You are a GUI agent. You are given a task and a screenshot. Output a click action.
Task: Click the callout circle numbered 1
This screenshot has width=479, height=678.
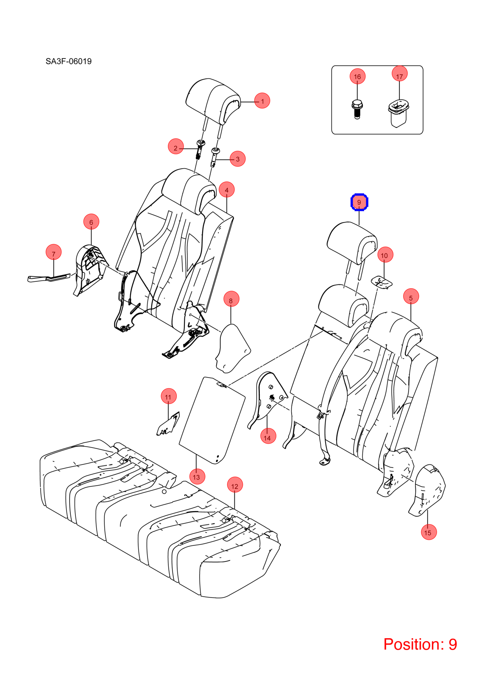point(262,101)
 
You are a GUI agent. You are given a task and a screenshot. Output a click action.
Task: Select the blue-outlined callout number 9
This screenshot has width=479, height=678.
point(359,202)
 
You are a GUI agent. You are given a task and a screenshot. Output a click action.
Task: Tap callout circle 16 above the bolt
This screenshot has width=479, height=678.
point(357,77)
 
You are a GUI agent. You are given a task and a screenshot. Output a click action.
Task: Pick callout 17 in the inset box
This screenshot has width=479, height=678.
point(399,74)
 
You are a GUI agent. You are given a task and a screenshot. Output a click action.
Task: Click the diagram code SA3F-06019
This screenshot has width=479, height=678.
point(68,61)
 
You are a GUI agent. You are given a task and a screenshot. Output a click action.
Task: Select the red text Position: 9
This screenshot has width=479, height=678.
point(420,644)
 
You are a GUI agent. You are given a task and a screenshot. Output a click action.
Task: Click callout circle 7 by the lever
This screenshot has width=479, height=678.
point(53,252)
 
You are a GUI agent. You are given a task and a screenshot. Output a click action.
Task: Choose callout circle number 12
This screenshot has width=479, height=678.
point(235,486)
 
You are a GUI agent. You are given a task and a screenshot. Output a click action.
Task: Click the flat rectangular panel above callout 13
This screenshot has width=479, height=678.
point(212,420)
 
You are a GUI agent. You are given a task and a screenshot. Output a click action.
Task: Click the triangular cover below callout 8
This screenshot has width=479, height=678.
point(233,348)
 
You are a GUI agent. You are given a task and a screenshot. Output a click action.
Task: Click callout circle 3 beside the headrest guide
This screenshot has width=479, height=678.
point(238,159)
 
